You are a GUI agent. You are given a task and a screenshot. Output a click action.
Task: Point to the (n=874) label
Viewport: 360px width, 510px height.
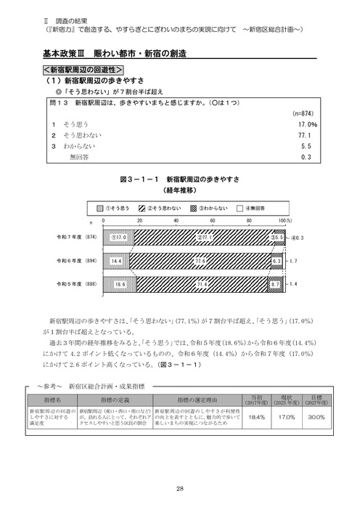(302, 114)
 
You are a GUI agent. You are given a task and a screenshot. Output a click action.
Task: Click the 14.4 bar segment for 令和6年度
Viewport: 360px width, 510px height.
(117, 259)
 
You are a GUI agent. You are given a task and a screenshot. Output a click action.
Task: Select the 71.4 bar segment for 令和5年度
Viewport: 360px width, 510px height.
(203, 285)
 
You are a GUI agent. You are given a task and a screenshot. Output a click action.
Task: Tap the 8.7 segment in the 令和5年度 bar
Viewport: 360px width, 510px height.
(277, 285)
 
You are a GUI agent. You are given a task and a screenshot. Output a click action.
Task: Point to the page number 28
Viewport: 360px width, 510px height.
(179, 488)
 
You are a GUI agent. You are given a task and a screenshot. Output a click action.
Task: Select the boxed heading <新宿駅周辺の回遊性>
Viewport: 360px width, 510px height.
(81, 70)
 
